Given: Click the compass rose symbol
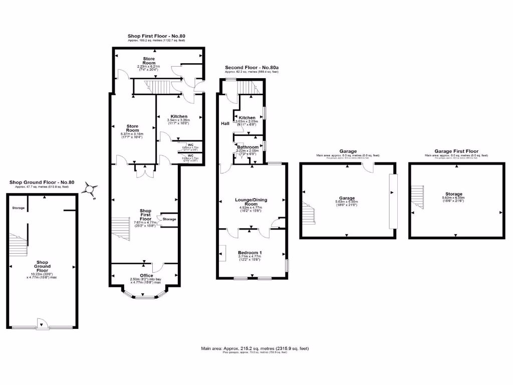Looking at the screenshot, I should tap(90, 189).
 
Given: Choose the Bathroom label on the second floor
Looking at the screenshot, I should tap(247, 147).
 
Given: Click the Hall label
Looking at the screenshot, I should tap(225, 123).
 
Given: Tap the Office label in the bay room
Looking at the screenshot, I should tap(146, 275).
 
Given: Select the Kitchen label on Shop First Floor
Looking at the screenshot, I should tap(179, 116).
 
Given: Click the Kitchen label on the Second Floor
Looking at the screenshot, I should tap(247, 118).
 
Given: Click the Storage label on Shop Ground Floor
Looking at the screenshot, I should tap(19, 208).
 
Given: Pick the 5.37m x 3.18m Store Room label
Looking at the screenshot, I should tap(132, 129).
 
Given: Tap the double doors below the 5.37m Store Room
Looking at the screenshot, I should tap(144, 171).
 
